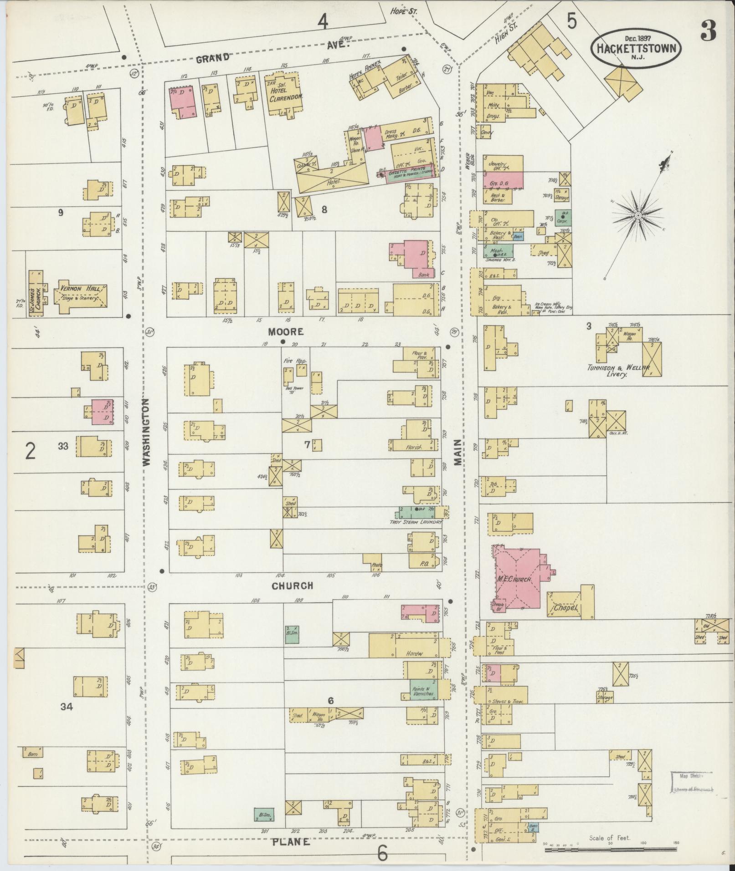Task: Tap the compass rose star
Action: (638, 215)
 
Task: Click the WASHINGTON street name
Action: (146, 432)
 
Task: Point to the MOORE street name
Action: (286, 332)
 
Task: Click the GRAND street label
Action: (213, 58)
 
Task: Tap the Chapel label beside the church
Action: (565, 608)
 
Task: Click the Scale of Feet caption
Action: (609, 837)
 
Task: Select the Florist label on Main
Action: (413, 448)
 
